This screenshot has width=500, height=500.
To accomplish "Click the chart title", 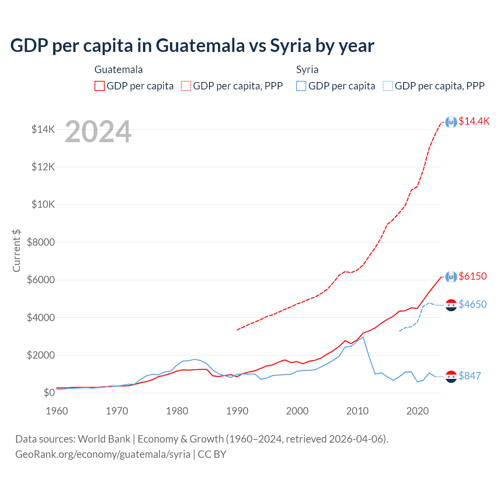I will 192,46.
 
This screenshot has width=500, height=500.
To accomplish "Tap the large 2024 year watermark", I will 98,132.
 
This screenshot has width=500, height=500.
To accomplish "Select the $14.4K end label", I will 474,121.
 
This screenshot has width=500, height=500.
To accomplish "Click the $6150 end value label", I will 473,276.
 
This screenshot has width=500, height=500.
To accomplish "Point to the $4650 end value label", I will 473,304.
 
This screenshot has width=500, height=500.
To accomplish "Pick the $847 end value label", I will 470,376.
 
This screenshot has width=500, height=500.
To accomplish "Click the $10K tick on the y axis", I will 43,204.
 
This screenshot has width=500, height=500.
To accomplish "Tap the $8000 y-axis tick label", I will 41,242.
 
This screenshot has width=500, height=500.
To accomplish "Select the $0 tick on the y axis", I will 49,393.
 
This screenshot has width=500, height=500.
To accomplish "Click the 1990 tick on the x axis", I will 237,411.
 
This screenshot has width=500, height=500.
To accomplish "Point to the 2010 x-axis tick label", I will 357,411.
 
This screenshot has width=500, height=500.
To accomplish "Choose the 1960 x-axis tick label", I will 57,411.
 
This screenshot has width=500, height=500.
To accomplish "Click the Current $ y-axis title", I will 16,250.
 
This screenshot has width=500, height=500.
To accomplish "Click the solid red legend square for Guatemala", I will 100,86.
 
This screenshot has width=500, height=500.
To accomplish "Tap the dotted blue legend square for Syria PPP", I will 388,86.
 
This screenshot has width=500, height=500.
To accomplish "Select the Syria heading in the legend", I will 307,70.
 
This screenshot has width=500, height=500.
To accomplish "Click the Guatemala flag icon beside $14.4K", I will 451,122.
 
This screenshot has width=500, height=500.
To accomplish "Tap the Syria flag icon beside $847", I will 451,376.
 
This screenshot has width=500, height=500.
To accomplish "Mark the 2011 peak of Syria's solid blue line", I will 363,337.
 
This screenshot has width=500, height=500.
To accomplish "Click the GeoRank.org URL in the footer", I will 103,454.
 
